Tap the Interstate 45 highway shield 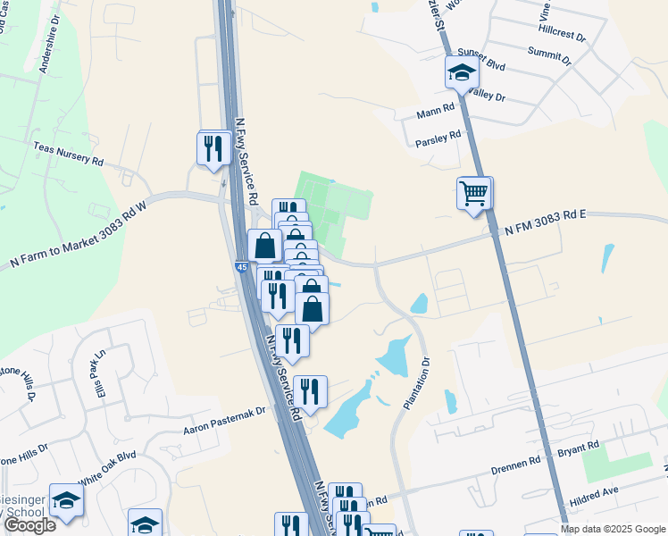[x=242, y=266]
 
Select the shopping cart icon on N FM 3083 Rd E [x=473, y=193]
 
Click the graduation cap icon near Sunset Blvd [x=462, y=72]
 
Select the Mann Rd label [x=436, y=114]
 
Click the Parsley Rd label [x=438, y=138]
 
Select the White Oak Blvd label [x=107, y=467]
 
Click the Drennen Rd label [x=517, y=465]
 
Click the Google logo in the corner [x=29, y=525]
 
